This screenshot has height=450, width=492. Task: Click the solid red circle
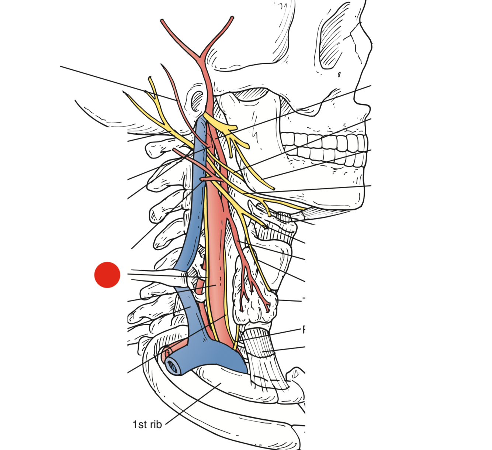coord(107,275)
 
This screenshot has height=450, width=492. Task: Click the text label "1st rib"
coord(147,425)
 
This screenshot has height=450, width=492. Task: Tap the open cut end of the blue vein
coord(173,366)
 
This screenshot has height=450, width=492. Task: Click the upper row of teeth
coord(325,142)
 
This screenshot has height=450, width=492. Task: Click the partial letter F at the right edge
coord(304,330)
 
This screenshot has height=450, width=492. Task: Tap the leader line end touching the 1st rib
coord(221,383)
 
